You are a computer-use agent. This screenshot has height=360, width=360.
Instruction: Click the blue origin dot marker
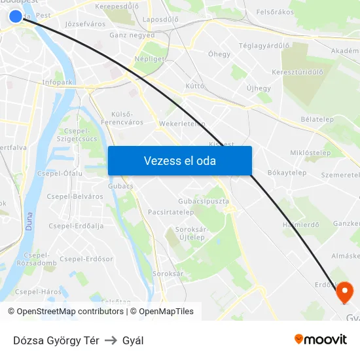point(16,16)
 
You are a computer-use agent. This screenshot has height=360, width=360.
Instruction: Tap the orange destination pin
point(344,291)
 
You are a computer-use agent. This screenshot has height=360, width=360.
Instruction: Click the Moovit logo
point(321,339)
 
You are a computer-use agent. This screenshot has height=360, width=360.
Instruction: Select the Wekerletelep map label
point(182,123)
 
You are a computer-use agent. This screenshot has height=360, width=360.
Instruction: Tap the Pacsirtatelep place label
point(170,212)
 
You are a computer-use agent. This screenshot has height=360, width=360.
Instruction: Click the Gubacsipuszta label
point(204,201)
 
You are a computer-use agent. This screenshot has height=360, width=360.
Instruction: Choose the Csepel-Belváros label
point(75,196)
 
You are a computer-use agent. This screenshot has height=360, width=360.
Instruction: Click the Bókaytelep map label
point(287,173)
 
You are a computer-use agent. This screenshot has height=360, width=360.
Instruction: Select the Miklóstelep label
point(310,153)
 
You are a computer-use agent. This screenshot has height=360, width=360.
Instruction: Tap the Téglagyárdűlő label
point(264,46)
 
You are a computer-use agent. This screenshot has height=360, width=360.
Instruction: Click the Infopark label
point(57,82)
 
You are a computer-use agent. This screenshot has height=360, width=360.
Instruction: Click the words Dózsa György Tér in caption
point(56,340)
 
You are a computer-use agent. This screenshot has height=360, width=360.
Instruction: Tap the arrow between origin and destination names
point(111,340)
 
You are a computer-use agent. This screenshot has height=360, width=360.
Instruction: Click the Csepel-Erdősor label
point(86,259)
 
